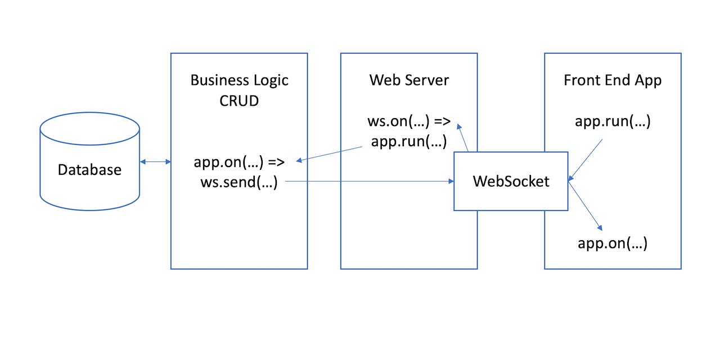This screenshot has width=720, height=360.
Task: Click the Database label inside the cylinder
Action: click(89, 169)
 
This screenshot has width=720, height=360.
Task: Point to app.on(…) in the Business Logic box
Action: click(227, 163)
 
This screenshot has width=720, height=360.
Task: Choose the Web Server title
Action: click(409, 80)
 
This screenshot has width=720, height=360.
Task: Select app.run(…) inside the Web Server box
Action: click(409, 141)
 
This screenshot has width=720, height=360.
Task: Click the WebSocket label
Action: click(511, 181)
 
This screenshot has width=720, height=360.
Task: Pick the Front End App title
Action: click(613, 80)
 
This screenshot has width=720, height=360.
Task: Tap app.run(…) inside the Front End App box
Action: click(613, 121)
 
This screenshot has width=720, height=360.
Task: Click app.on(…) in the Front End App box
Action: click(613, 244)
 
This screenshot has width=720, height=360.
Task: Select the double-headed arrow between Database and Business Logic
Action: click(156, 162)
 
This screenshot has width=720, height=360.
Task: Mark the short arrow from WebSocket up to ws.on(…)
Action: click(463, 137)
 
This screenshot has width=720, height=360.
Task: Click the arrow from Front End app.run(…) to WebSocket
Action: click(586, 160)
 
